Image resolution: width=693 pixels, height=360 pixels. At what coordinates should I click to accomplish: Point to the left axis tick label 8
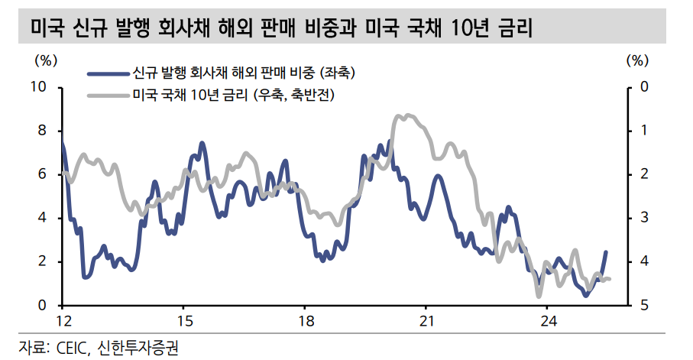(x=43, y=131)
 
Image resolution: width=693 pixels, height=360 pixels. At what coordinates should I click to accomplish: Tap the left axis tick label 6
(x=43, y=175)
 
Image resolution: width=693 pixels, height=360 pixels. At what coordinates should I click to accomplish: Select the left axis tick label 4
(x=43, y=219)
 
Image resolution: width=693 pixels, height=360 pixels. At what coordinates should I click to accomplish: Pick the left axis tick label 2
(x=43, y=262)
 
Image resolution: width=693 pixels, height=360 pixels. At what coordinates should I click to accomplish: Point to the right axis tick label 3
(x=643, y=219)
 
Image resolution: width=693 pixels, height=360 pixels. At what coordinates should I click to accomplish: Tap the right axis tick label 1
(x=643, y=131)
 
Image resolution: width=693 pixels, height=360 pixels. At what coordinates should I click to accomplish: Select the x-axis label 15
(x=183, y=319)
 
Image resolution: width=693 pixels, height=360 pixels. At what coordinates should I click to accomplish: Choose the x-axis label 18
(x=305, y=319)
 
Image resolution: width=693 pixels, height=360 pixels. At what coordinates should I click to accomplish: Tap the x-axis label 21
(x=426, y=319)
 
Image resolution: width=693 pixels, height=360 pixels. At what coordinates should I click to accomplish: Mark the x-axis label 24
(x=548, y=319)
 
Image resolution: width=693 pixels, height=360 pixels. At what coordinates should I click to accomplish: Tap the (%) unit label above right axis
(x=636, y=59)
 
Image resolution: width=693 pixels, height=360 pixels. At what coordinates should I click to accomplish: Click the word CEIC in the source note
(x=73, y=349)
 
